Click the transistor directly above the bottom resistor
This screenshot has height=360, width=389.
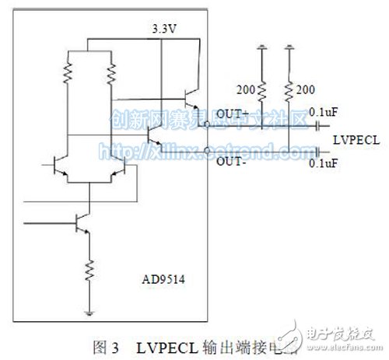(x=81, y=224)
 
